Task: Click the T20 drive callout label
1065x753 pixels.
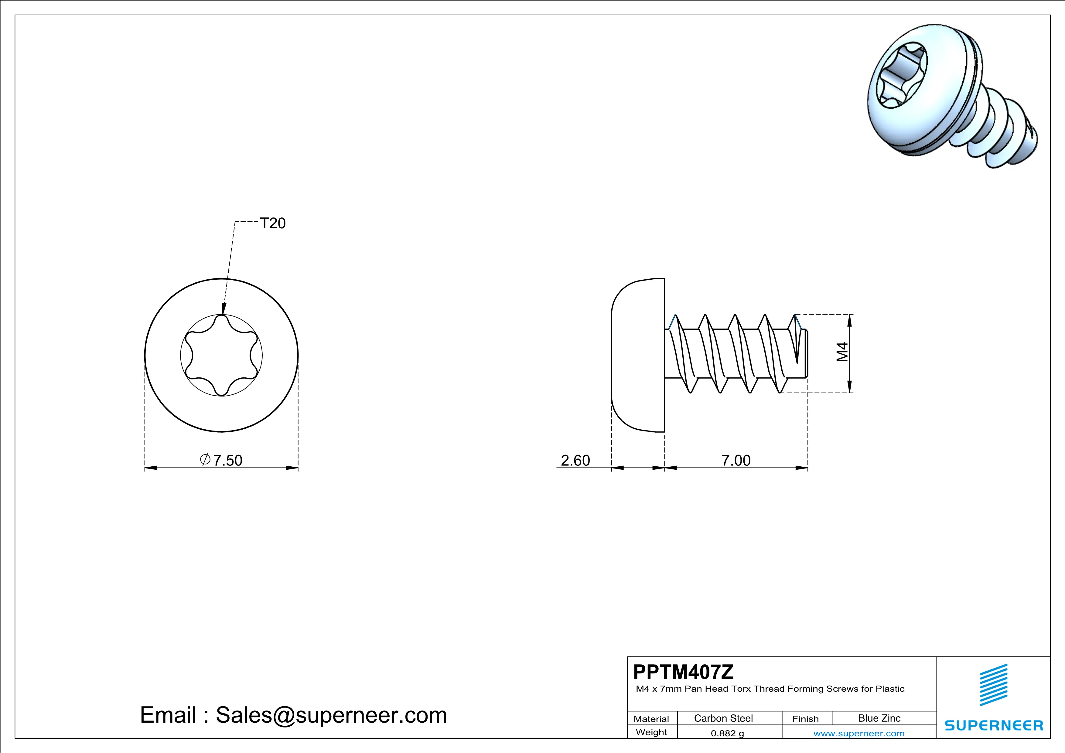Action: coord(273,223)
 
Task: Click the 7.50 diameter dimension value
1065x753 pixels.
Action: coord(227,460)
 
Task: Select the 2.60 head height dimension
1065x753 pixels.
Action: coord(575,460)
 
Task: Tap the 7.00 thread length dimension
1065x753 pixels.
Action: coord(736,460)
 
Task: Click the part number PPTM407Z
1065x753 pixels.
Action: coord(683,672)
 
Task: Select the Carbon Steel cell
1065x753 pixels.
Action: coord(723,718)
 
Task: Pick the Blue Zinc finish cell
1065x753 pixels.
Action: coord(879,718)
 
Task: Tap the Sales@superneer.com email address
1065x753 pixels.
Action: coord(331,715)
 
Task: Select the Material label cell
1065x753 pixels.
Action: coord(651,719)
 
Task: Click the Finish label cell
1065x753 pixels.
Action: coord(805,719)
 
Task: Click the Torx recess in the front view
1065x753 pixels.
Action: coord(221,356)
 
